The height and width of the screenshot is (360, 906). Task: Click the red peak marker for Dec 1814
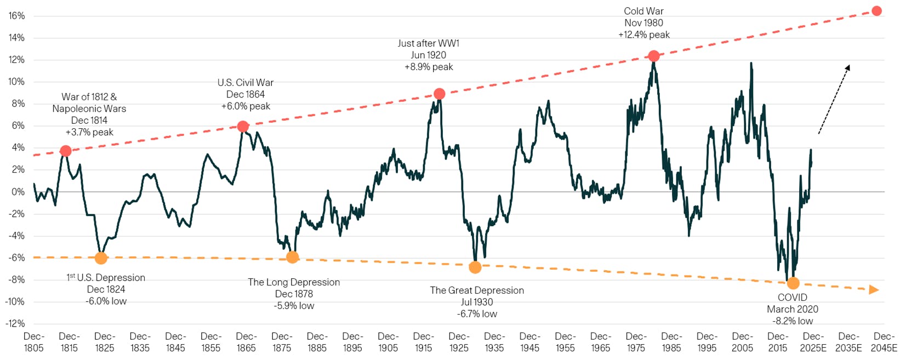point(66,151)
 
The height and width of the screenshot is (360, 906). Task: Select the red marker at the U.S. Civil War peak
point(243,127)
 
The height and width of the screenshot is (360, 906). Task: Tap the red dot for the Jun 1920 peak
point(439,94)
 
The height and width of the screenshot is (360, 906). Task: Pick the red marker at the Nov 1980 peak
point(653,56)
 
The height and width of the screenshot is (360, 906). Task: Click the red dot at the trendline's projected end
point(876,11)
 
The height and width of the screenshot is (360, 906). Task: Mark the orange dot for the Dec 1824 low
point(101,258)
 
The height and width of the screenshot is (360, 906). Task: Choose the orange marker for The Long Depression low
point(293,257)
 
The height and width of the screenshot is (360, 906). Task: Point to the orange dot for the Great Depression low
point(475,267)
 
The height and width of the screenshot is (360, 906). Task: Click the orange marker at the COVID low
point(793,283)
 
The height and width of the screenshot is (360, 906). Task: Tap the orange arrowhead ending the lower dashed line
point(874,290)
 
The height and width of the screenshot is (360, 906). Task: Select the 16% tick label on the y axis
point(16,16)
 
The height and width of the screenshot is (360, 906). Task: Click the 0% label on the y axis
point(18,192)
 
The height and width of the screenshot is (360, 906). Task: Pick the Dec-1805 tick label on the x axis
point(34,342)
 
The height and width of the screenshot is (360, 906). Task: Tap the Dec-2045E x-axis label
point(884,342)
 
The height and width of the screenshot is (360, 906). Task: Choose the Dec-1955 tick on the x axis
point(565,342)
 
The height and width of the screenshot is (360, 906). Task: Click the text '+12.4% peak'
point(644,35)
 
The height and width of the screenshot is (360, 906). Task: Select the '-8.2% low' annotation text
point(793,321)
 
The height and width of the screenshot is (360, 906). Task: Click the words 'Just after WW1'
point(429,43)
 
